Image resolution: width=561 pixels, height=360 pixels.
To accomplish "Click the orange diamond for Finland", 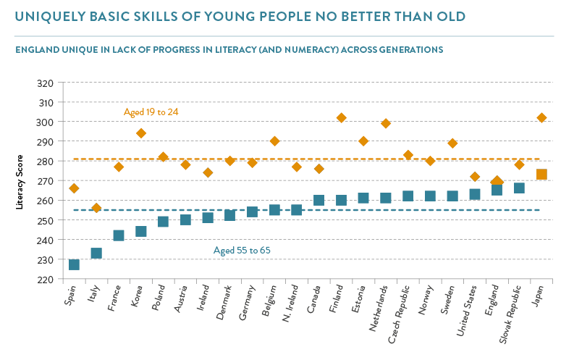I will (342, 117).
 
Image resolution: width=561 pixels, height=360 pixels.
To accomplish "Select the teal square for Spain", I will (74, 264).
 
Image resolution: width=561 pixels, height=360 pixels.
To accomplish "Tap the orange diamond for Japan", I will (541, 117).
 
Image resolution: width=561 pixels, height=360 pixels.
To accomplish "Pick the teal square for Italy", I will (96, 253).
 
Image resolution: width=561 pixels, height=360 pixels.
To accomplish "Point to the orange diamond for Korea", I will (141, 133).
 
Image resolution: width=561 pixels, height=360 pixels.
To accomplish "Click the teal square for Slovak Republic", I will (519, 188).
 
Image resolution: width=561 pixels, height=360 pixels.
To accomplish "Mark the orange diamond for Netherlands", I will (386, 123).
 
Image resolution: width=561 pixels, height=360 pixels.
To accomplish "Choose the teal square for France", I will (119, 235).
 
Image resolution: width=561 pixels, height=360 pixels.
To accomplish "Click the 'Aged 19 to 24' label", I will (151, 112).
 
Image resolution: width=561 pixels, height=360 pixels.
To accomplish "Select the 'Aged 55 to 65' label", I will (242, 251).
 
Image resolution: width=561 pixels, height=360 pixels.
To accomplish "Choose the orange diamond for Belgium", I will (274, 141).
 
